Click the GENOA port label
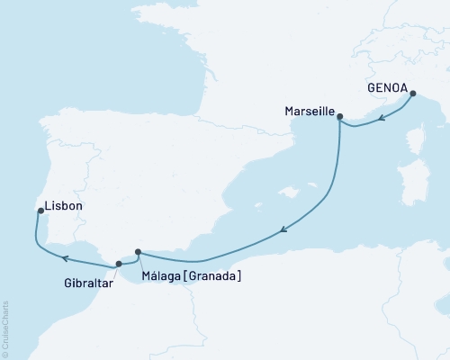(x=387, y=89)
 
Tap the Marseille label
(x=307, y=115)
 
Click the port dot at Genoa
(x=412, y=93)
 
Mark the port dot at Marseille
(x=340, y=115)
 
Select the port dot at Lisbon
(x=40, y=211)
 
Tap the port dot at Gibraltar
(x=119, y=264)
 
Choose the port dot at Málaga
(x=138, y=253)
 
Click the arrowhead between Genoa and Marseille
(x=382, y=118)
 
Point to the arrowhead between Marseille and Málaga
(x=283, y=231)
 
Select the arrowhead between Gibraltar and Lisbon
(x=65, y=257)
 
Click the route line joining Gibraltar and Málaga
(x=129, y=259)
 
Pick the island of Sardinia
(x=416, y=189)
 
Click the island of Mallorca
(x=290, y=191)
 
